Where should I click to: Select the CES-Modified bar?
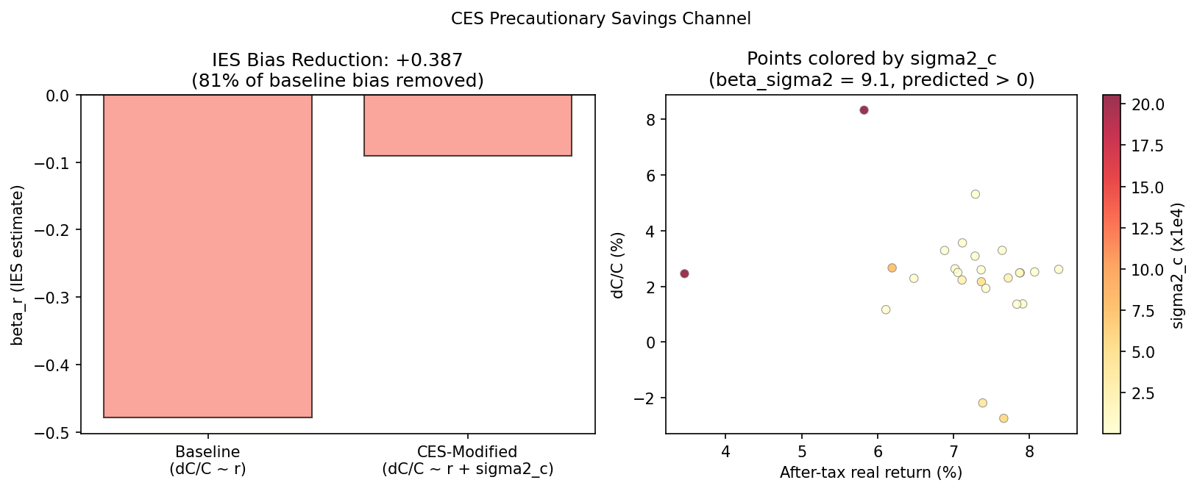tap(467, 126)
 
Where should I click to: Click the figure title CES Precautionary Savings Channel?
tap(600, 18)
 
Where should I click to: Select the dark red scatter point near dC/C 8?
tap(864, 110)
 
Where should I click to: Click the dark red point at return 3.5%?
tap(684, 273)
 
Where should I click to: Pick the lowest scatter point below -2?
tap(1004, 418)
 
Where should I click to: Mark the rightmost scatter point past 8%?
tap(1059, 269)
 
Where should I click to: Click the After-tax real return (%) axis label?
tap(871, 472)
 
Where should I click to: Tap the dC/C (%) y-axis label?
tap(618, 265)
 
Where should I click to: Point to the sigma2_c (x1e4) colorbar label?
tap(1178, 265)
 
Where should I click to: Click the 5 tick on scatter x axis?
tap(802, 451)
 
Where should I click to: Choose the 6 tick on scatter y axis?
tap(650, 175)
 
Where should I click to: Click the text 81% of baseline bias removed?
tap(338, 80)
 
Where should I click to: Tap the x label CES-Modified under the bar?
tap(467, 451)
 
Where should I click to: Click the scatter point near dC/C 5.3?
tap(975, 194)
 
